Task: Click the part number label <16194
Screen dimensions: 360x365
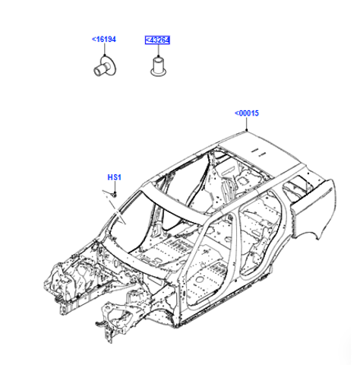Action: (x=103, y=40)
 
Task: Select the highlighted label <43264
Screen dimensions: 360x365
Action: (x=157, y=40)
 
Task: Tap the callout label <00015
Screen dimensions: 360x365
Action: (x=247, y=113)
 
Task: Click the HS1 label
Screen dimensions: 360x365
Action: (x=115, y=177)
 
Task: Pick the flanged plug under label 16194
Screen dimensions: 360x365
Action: (x=105, y=66)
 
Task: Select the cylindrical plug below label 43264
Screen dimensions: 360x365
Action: (x=159, y=67)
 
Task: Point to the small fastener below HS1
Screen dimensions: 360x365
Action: (x=115, y=195)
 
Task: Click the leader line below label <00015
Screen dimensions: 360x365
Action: (x=247, y=124)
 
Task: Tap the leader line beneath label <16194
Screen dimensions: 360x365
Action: (x=104, y=49)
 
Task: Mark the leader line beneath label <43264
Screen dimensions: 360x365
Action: (x=159, y=51)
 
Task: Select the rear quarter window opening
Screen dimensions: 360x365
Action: (x=297, y=187)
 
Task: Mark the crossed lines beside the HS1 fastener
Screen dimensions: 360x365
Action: (x=115, y=208)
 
